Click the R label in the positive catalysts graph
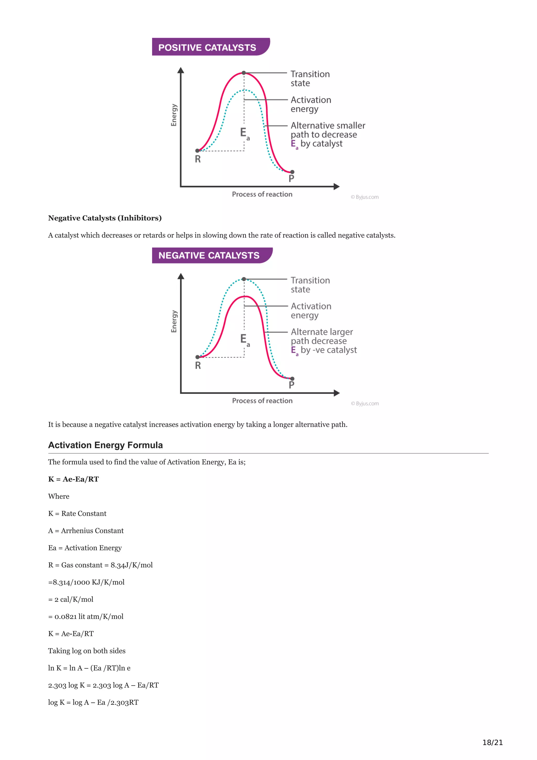click(197, 159)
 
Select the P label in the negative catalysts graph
click(291, 385)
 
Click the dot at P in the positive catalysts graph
click(292, 172)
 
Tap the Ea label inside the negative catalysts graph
click(245, 340)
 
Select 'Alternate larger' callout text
click(322, 332)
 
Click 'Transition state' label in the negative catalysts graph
click(310, 285)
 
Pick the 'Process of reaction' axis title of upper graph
click(262, 194)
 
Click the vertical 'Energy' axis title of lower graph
click(174, 321)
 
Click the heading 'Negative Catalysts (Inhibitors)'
click(105, 218)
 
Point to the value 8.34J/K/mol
click(131, 565)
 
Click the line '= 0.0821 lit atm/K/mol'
click(86, 616)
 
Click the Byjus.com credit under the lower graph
click(365, 404)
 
